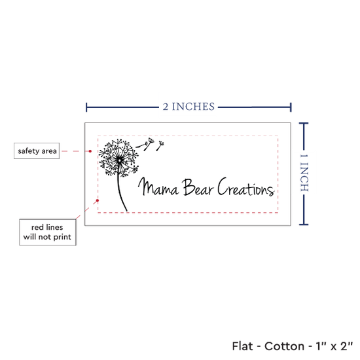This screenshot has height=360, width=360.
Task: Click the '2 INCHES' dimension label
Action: point(189,107)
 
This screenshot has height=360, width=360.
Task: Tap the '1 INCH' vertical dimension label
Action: point(304,173)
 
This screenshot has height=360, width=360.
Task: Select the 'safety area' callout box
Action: point(37,151)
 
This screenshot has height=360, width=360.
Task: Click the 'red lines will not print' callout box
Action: point(48,232)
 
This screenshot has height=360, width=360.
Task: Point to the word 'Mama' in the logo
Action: point(158,187)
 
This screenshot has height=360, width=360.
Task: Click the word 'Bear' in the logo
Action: point(198,187)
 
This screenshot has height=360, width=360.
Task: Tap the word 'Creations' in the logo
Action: point(245,187)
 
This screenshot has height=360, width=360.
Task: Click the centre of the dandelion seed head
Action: point(119,160)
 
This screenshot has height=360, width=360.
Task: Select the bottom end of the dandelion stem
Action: point(127,211)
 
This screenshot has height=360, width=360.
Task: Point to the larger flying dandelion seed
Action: point(145,144)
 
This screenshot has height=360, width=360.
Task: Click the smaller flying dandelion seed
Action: point(160,146)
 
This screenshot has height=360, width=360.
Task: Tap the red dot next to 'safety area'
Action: point(90,151)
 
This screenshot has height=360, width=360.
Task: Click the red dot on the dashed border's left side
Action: point(98,200)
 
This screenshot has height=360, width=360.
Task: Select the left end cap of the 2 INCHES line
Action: point(86,107)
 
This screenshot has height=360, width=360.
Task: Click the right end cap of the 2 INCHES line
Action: point(291,107)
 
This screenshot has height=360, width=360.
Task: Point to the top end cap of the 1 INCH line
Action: point(304,124)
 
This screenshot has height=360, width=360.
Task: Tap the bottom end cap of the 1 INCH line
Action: point(304,225)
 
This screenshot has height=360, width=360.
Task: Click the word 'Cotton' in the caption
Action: point(285,346)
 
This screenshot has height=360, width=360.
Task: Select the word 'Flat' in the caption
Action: point(242,346)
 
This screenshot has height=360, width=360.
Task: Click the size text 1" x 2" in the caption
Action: point(334,346)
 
